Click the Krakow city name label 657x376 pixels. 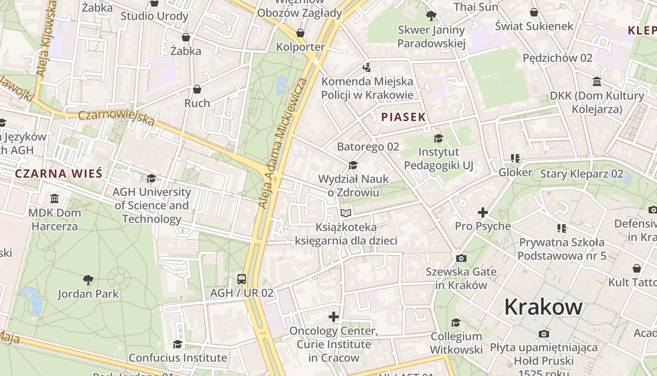[x=543, y=307]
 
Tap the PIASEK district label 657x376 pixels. [x=403, y=117]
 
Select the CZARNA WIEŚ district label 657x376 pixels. [x=59, y=173]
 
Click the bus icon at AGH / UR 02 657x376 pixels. [x=242, y=279]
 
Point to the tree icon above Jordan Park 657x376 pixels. [x=88, y=280]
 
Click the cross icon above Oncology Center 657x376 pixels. [x=334, y=317]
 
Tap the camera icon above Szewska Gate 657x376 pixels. [x=461, y=258]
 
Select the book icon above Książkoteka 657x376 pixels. [x=346, y=213]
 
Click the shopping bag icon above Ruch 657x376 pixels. [x=197, y=89]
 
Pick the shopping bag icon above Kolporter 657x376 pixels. [x=300, y=33]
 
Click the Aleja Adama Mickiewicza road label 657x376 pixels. [x=283, y=143]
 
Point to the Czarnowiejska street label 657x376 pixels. [x=116, y=118]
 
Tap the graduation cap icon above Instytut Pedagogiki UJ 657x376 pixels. [x=439, y=138]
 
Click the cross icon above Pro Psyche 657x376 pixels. [x=483, y=212]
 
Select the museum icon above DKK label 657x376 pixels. [x=597, y=82]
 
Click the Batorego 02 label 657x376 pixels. [x=368, y=147]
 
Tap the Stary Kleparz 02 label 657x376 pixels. [x=581, y=174]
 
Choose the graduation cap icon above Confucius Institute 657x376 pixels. [x=177, y=344]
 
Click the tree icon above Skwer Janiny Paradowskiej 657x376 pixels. [x=431, y=16]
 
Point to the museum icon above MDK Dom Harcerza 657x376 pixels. [x=54, y=199]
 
